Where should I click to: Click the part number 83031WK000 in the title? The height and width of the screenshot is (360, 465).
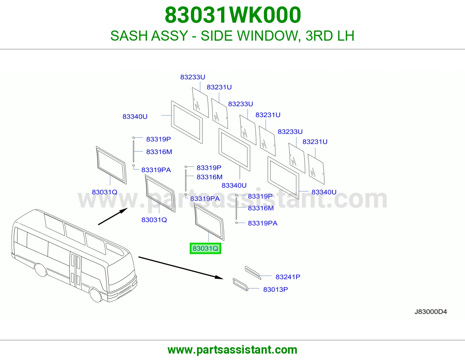(233, 15)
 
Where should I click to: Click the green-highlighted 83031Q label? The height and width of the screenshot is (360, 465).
(205, 249)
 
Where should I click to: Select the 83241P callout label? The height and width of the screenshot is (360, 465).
(288, 277)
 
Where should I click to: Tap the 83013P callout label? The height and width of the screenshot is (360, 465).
(276, 289)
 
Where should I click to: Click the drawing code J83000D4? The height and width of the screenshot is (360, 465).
(430, 312)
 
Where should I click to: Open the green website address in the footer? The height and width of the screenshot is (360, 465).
(233, 350)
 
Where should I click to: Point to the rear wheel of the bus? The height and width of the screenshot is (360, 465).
(41, 270)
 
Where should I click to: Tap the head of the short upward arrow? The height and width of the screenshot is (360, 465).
(124, 210)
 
